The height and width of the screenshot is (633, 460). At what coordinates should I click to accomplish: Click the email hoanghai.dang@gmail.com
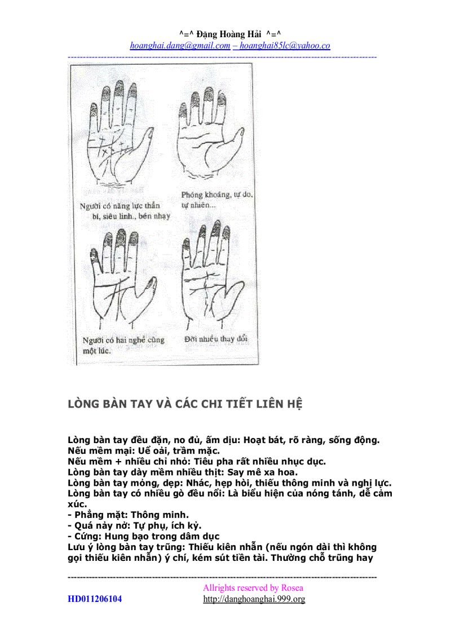coord(180,46)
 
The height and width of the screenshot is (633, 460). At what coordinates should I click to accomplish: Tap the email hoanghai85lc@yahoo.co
coord(285,46)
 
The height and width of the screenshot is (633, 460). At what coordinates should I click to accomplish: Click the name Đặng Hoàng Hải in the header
coord(230,34)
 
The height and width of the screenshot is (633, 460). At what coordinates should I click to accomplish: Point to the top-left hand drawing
coord(117,135)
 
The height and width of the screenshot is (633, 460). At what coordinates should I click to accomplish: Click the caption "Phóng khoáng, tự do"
coord(217,195)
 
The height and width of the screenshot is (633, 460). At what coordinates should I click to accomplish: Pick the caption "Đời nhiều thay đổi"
coord(216,339)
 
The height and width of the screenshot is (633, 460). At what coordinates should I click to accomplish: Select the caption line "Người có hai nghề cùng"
coord(123,340)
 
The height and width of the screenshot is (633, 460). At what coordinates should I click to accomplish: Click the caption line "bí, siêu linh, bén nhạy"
coord(130,216)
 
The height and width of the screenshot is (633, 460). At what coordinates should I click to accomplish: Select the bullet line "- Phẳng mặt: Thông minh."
coord(128,515)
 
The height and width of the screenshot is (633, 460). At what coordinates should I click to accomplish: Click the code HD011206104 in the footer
coord(95,599)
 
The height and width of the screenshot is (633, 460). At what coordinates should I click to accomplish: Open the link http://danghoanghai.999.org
coord(254,599)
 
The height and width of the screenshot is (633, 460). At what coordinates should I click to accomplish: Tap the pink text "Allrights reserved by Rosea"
coord(253,587)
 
